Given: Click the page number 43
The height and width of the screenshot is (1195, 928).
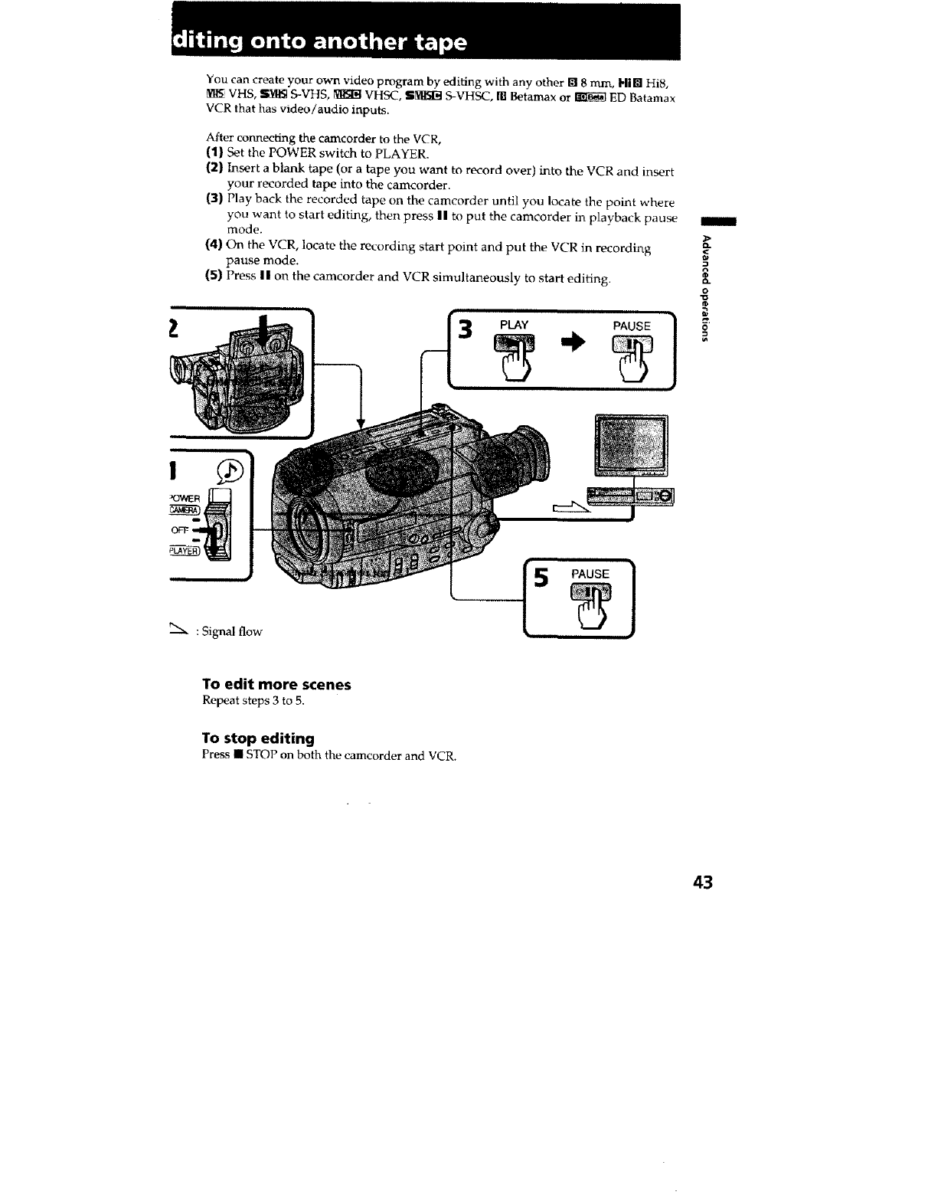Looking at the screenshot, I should coord(702,882).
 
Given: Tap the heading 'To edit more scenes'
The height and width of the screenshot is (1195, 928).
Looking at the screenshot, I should coord(276,684).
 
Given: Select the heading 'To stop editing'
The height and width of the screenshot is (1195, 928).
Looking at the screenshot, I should coord(258,738).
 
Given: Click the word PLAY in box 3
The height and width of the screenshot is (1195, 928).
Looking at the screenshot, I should coord(514,325).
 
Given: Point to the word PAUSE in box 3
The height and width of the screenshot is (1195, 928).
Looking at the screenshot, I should coord(632,326).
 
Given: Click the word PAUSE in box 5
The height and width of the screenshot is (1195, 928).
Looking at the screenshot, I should coord(590,574).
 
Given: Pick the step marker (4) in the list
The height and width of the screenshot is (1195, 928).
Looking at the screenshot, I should coord(214,246).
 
